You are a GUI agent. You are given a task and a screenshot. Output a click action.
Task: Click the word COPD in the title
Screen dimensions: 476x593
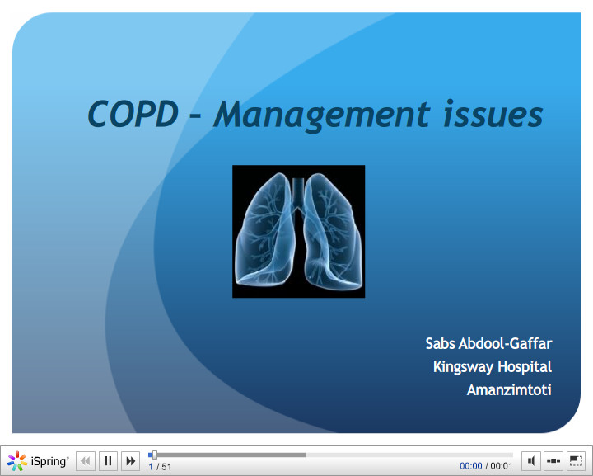(x=132, y=114)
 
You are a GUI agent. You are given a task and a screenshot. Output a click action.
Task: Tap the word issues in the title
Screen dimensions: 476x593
(x=493, y=114)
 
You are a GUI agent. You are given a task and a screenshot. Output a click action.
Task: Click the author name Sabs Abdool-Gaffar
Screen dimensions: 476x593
(x=488, y=343)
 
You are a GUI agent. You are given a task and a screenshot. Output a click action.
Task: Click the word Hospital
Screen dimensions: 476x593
(x=525, y=366)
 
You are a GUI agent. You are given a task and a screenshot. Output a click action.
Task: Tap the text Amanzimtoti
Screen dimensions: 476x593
(x=508, y=389)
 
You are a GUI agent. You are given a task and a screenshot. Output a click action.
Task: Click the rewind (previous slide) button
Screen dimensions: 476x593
(x=86, y=461)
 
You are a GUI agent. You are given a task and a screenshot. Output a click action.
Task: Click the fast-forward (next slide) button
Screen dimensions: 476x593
(x=130, y=461)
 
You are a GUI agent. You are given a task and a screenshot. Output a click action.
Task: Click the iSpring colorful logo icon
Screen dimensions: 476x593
(x=17, y=461)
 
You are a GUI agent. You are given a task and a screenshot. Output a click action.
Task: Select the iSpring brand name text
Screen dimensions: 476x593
(x=50, y=461)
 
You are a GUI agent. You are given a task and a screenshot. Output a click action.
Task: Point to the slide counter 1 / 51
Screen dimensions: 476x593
(x=160, y=467)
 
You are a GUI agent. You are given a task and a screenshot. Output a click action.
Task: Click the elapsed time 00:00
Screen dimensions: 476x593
(x=470, y=467)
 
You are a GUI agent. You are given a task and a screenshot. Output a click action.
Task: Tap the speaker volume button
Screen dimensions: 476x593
(x=532, y=461)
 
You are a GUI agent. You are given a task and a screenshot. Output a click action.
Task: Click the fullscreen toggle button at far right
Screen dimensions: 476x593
(x=576, y=461)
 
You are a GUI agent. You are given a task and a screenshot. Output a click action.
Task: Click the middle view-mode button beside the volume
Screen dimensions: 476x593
(x=553, y=461)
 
